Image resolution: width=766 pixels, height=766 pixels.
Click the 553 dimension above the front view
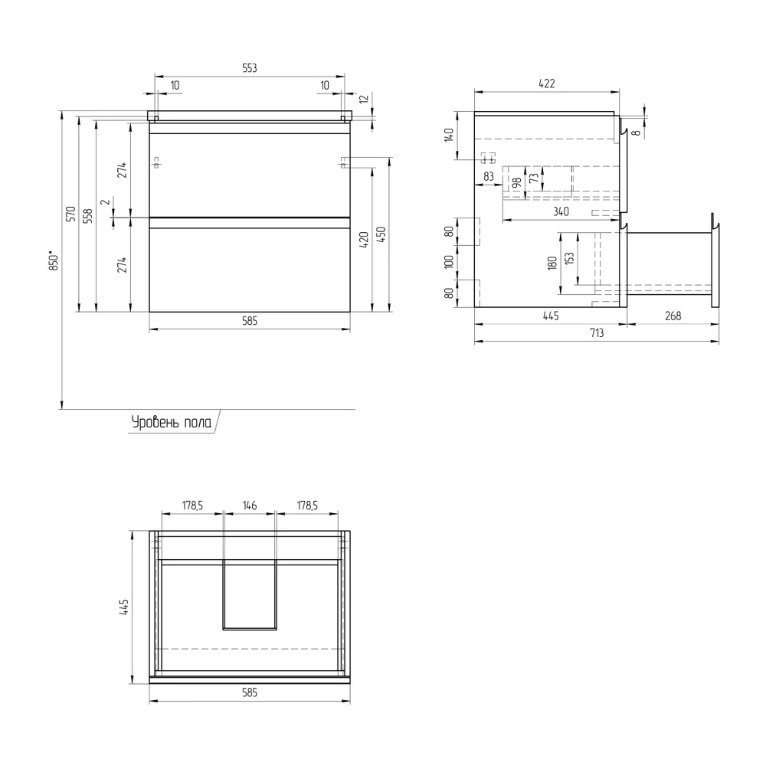click(x=250, y=68)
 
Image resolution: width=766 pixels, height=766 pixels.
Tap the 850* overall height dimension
click(x=54, y=260)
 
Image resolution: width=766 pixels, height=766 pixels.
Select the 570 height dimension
click(x=70, y=214)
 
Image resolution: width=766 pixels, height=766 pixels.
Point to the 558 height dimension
click(x=88, y=216)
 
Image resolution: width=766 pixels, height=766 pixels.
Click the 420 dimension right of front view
click(x=364, y=240)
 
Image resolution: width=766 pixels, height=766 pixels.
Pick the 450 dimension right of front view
click(x=381, y=234)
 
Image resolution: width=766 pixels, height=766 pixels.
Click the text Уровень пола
click(x=172, y=422)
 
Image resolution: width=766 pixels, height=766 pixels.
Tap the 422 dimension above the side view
click(x=547, y=83)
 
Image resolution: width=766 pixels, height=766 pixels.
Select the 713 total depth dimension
click(x=597, y=332)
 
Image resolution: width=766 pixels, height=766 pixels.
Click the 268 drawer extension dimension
click(x=673, y=316)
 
